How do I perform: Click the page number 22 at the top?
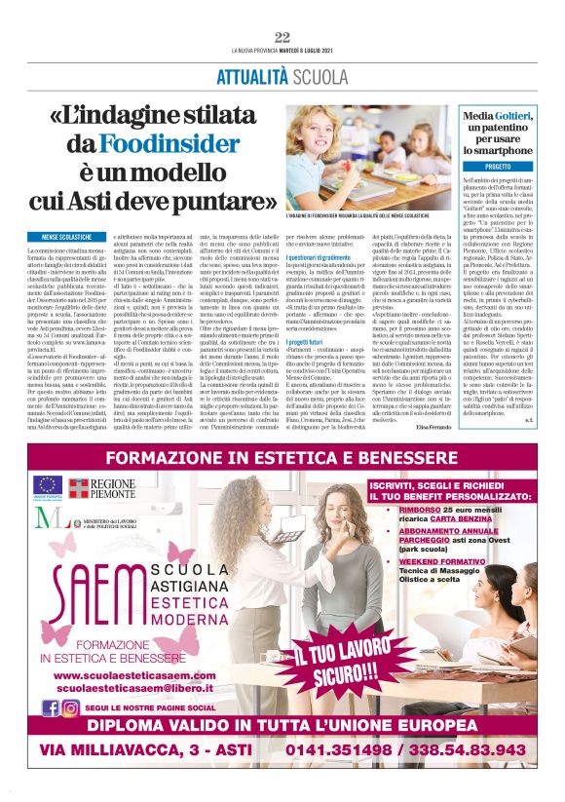coord(282,37)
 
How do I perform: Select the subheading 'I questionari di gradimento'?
coord(318,256)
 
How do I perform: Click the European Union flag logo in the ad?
coord(48,484)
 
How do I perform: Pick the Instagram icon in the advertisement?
coord(70,708)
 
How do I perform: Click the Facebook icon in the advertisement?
coord(51,708)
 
